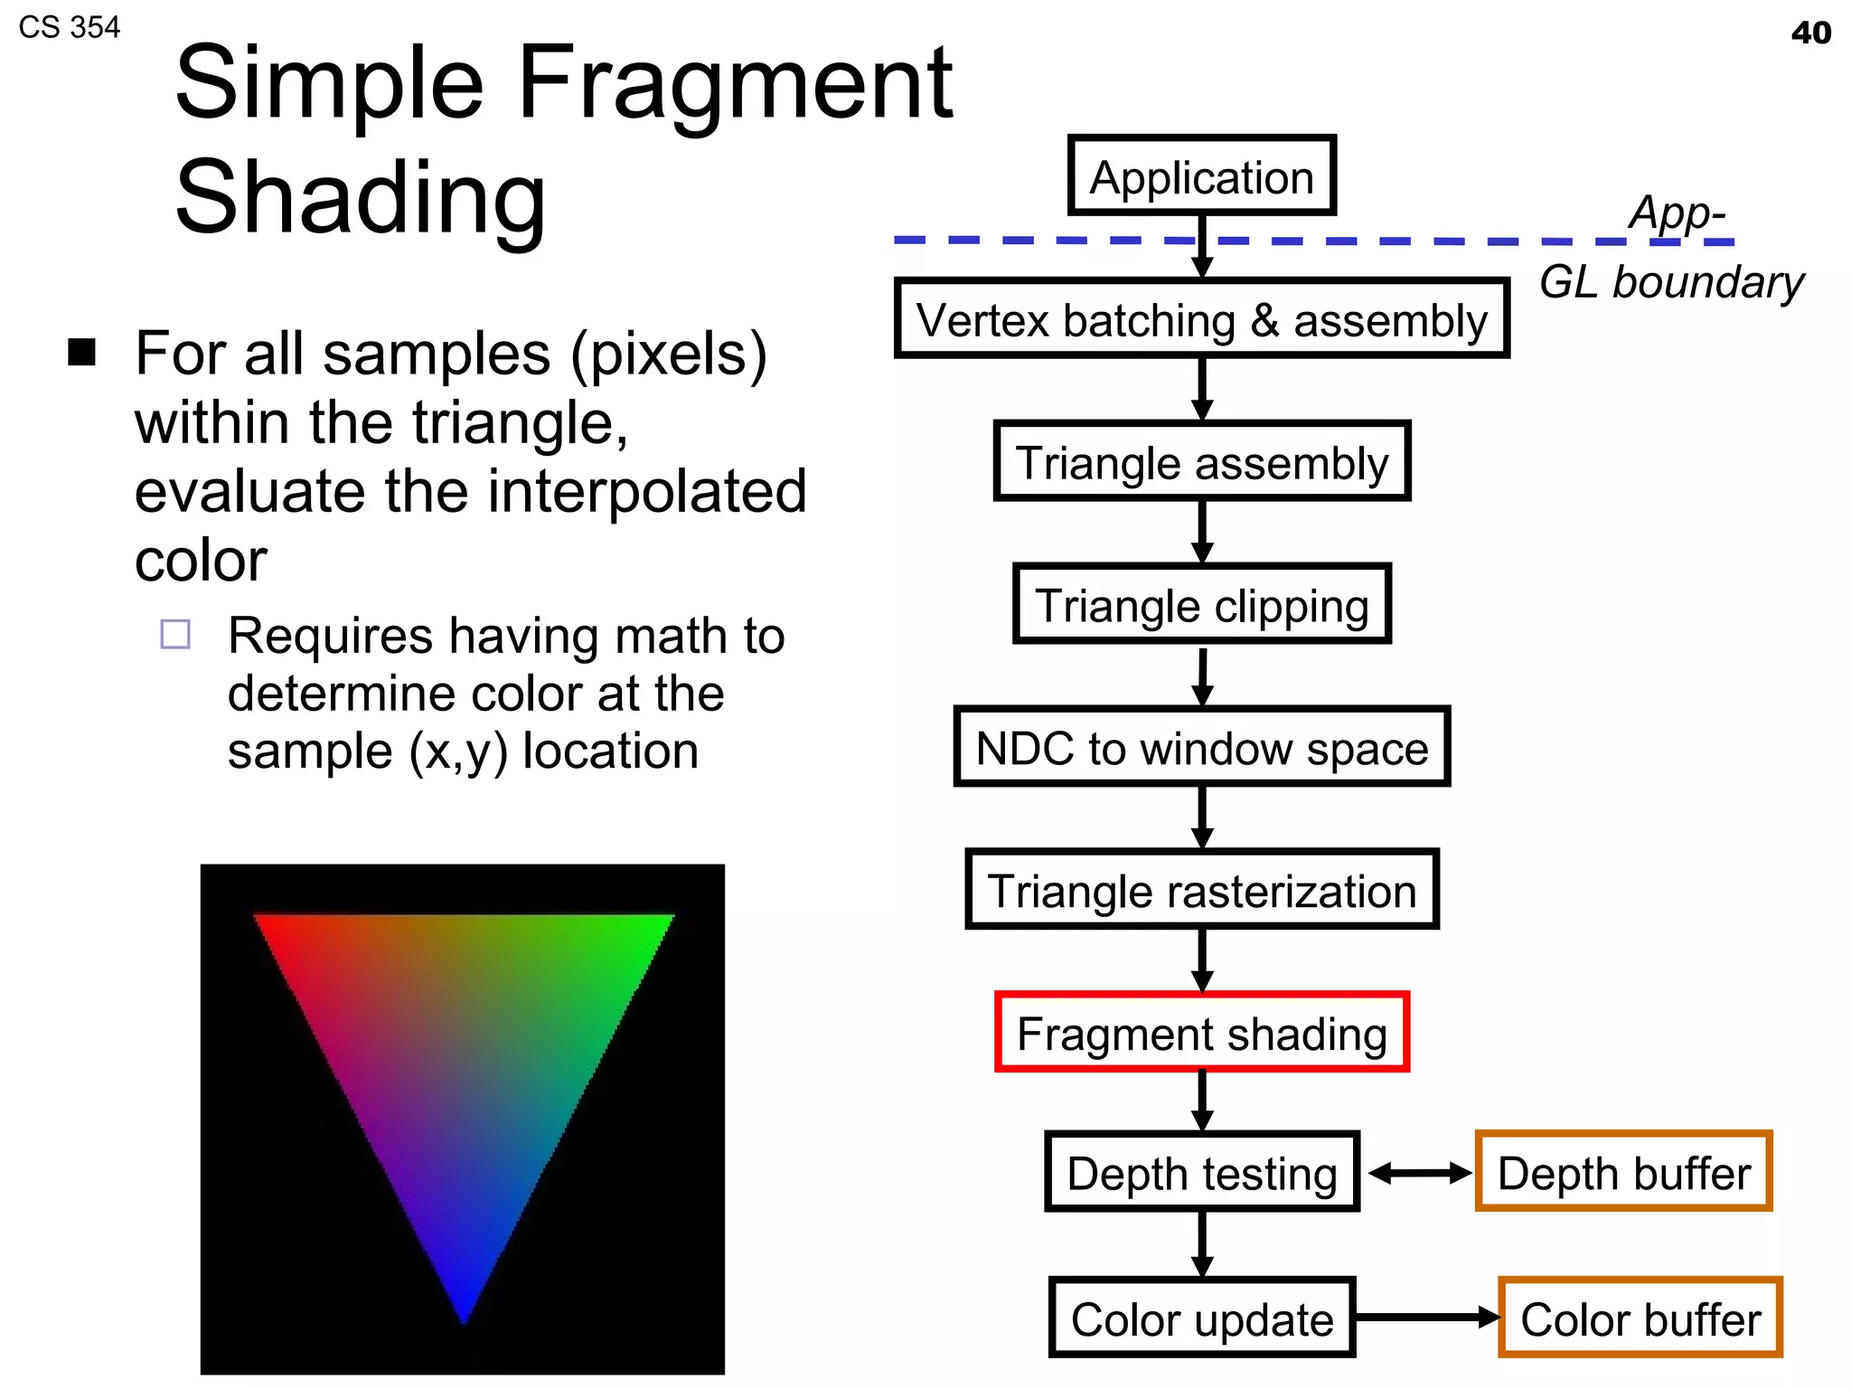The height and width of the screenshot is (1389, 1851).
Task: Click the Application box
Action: [1201, 175]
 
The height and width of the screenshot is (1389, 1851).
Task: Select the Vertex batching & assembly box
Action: [1201, 318]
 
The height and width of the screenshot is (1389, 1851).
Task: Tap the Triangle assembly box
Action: [1201, 461]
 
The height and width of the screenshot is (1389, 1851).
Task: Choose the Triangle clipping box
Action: [1201, 604]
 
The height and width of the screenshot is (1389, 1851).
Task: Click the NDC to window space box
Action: [1201, 747]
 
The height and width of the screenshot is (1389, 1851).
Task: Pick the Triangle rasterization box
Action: [1201, 890]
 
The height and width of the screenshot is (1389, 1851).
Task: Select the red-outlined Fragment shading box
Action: [1201, 1032]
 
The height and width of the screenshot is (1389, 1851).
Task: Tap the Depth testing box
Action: [1201, 1172]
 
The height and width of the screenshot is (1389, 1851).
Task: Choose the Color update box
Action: [1201, 1318]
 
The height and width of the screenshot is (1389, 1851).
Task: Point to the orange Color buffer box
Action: [1640, 1318]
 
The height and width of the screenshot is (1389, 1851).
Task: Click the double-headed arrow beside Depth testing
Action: [1419, 1173]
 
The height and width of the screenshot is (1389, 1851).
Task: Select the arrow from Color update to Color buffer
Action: [1426, 1317]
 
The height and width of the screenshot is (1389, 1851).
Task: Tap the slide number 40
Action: [1810, 33]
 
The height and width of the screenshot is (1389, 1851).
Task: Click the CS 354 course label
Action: [69, 27]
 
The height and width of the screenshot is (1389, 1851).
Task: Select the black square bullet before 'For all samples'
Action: [82, 352]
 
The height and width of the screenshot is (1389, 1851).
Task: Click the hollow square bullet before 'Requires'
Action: [175, 634]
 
